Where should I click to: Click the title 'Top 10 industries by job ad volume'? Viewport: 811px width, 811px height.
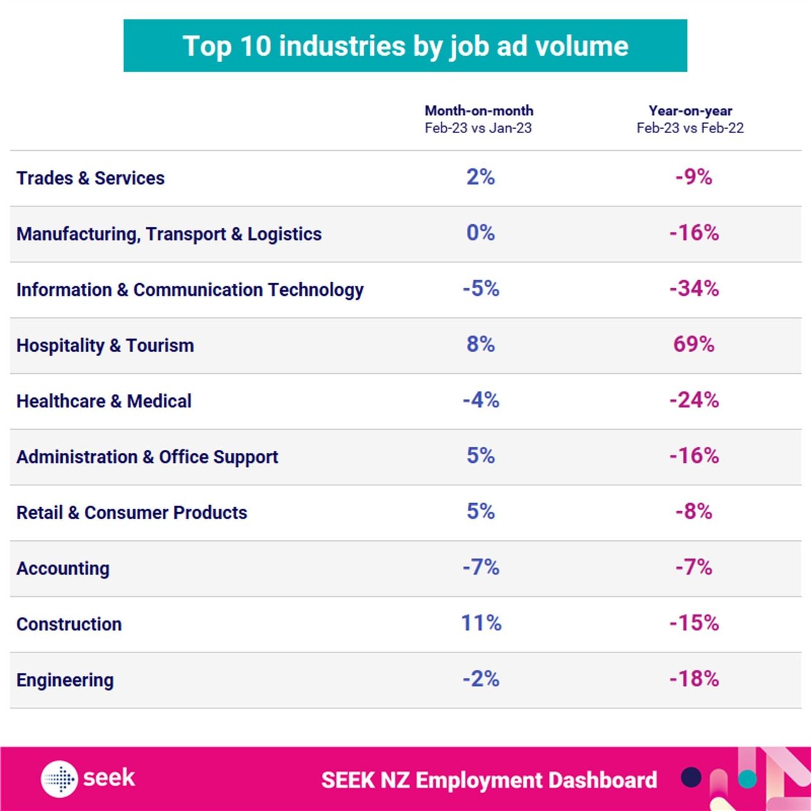click(405, 46)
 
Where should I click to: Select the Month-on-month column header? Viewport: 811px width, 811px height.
click(478, 119)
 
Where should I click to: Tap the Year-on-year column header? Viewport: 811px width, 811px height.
click(690, 119)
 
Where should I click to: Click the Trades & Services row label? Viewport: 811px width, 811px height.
click(91, 178)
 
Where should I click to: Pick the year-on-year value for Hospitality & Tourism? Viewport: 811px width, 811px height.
click(694, 344)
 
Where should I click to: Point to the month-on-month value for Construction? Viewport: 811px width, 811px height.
click(481, 623)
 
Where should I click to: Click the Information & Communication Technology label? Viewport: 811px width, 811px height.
click(190, 290)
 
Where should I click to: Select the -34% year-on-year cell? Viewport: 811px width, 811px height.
click(694, 288)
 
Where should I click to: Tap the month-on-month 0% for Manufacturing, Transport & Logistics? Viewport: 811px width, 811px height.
click(480, 233)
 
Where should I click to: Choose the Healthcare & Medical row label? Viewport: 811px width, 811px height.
click(104, 401)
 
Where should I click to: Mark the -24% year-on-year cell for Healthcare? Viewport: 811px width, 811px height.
click(694, 400)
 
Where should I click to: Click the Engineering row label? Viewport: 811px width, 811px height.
click(65, 680)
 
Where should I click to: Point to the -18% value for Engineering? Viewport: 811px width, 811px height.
click(694, 679)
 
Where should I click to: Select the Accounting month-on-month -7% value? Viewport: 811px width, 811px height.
click(481, 567)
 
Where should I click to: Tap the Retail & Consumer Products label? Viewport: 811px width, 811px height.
click(132, 513)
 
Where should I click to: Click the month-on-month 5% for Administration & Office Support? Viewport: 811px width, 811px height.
click(480, 456)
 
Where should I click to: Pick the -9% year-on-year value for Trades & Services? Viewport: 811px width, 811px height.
click(694, 177)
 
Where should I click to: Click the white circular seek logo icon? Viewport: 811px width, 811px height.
click(60, 778)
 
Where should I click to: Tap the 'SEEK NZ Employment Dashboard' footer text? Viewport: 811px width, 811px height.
click(489, 780)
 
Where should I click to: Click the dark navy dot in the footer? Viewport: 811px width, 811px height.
click(691, 777)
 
